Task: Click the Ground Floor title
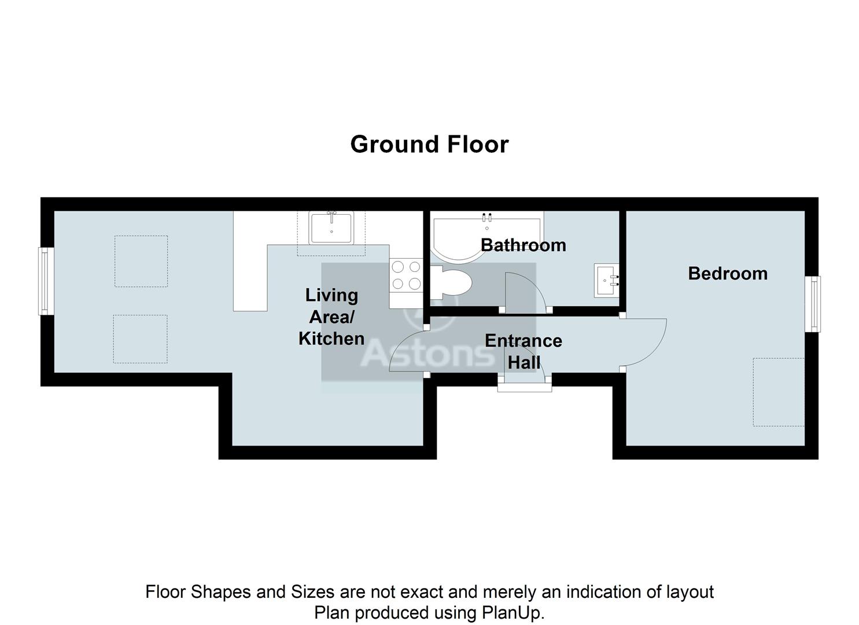(429, 144)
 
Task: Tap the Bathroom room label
(523, 245)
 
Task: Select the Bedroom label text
(727, 273)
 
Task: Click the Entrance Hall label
(523, 351)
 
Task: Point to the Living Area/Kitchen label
(331, 317)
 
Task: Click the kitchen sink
(331, 228)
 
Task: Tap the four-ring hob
(406, 275)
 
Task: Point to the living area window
(46, 281)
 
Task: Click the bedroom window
(813, 304)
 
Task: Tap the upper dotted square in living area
(141, 261)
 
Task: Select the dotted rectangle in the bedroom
(779, 392)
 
